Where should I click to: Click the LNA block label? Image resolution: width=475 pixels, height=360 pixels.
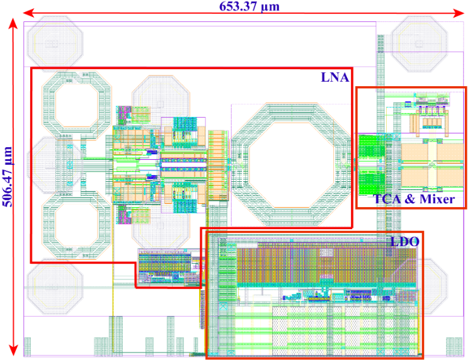335,77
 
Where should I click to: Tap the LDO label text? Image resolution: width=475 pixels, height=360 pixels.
404,242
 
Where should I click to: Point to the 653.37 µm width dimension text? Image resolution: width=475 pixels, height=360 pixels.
249,6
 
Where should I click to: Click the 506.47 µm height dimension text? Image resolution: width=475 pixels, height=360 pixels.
8,177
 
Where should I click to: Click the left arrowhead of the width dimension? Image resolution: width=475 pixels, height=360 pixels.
28,13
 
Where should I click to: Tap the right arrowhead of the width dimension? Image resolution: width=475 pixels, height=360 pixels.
459,13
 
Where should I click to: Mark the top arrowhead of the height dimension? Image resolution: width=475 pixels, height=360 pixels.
13,23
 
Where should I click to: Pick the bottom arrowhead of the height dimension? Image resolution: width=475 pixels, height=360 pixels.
13,351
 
